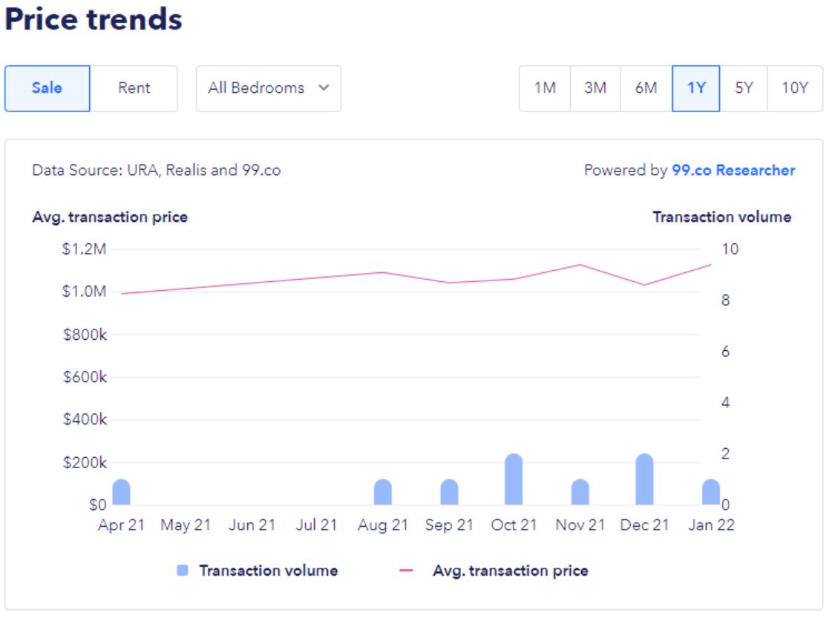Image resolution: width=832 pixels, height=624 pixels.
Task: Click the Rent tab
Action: pos(134,88)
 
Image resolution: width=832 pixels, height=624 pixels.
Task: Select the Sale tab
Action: pos(47,88)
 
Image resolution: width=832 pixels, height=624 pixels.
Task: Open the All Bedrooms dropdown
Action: pos(268,88)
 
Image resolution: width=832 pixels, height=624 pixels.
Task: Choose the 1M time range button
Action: pos(545,88)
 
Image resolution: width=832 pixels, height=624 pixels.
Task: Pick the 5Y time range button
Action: pos(744,88)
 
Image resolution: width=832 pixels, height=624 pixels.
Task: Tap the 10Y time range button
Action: pos(794,88)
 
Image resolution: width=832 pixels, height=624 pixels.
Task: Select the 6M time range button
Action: pos(646,88)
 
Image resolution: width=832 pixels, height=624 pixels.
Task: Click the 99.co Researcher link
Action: pos(733,171)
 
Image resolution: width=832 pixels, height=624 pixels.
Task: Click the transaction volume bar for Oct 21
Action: pos(514,480)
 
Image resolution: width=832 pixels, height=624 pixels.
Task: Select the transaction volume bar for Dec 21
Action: pos(644,480)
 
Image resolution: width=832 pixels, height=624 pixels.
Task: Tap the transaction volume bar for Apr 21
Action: pos(122,493)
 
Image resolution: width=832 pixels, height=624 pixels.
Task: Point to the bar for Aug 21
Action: pos(383,493)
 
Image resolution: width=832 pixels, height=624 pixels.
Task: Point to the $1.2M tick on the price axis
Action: pos(85,249)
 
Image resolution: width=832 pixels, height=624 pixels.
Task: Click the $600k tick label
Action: pos(85,377)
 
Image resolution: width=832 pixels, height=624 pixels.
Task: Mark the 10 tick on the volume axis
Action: pos(730,249)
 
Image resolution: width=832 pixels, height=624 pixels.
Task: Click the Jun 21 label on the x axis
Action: pos(252,525)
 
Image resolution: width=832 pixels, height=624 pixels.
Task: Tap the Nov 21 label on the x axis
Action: pos(580,525)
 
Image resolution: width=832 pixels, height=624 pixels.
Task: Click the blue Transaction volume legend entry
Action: pos(258,571)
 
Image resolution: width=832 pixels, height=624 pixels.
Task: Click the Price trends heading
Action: pos(94,19)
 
